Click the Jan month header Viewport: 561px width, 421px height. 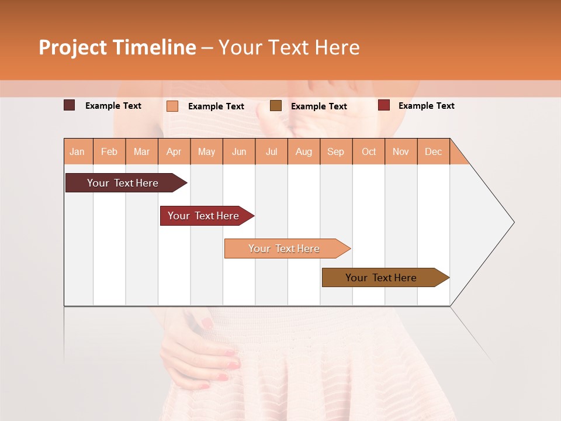click(x=77, y=151)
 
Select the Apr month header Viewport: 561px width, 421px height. click(x=174, y=151)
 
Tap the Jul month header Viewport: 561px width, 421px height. click(x=271, y=151)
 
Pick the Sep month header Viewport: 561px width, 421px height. click(x=335, y=151)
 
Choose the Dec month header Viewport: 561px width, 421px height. click(x=433, y=151)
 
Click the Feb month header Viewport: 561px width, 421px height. click(x=109, y=151)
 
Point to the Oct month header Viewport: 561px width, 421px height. click(x=369, y=151)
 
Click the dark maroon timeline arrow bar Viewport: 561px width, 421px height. click(x=123, y=183)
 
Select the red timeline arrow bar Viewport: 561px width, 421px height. click(x=203, y=216)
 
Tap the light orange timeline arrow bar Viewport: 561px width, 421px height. click(x=284, y=249)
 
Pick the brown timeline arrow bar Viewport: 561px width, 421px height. click(x=381, y=278)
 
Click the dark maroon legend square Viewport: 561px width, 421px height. click(x=69, y=105)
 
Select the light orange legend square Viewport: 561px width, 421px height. click(x=172, y=106)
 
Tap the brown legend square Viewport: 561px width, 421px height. click(x=276, y=105)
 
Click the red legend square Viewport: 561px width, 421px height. click(x=384, y=105)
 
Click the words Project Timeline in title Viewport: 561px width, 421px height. click(x=117, y=47)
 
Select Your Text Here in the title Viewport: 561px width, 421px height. click(x=289, y=47)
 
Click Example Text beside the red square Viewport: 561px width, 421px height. click(x=426, y=106)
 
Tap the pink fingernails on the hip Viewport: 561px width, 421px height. click(x=233, y=365)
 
